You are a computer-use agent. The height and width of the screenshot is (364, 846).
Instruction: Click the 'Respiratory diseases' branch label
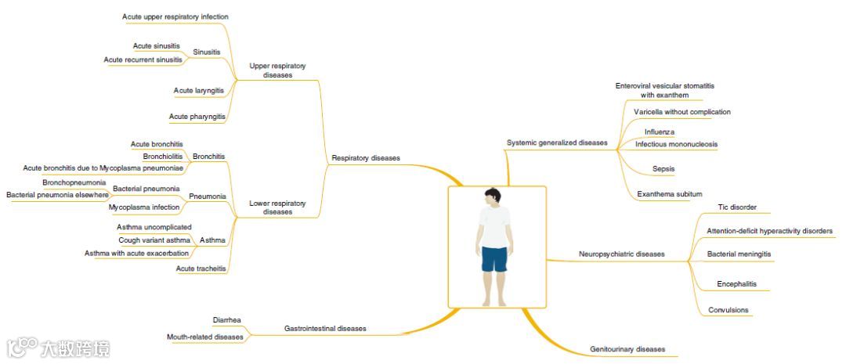coord(365,158)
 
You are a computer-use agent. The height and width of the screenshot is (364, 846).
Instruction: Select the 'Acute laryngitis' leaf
coord(199,91)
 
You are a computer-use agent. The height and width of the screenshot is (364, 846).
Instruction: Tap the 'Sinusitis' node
coord(207,52)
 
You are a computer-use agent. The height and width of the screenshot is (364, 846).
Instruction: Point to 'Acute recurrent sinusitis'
coord(143,59)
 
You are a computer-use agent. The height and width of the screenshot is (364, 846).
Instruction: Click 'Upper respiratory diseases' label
coord(277,70)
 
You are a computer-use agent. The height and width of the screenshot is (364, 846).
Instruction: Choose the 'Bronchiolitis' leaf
coord(162,156)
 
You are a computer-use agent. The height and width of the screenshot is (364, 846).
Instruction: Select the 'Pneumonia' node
coord(208,196)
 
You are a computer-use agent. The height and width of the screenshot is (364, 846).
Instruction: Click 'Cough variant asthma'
coord(154,240)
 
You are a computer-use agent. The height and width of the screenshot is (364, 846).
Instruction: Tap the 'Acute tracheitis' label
coord(201,268)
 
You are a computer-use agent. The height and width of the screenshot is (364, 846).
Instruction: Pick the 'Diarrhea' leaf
coord(226,319)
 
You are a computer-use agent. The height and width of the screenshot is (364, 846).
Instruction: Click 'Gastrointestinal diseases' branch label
coord(324,329)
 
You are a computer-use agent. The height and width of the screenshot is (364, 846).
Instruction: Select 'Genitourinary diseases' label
coord(627,349)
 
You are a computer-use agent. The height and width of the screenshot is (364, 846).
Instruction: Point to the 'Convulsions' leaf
coord(728,310)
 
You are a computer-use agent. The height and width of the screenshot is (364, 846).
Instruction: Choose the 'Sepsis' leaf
coord(663,169)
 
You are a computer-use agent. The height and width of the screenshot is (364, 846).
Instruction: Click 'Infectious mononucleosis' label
coord(676,144)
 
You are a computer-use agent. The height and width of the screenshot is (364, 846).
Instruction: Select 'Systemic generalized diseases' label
coord(556,143)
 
